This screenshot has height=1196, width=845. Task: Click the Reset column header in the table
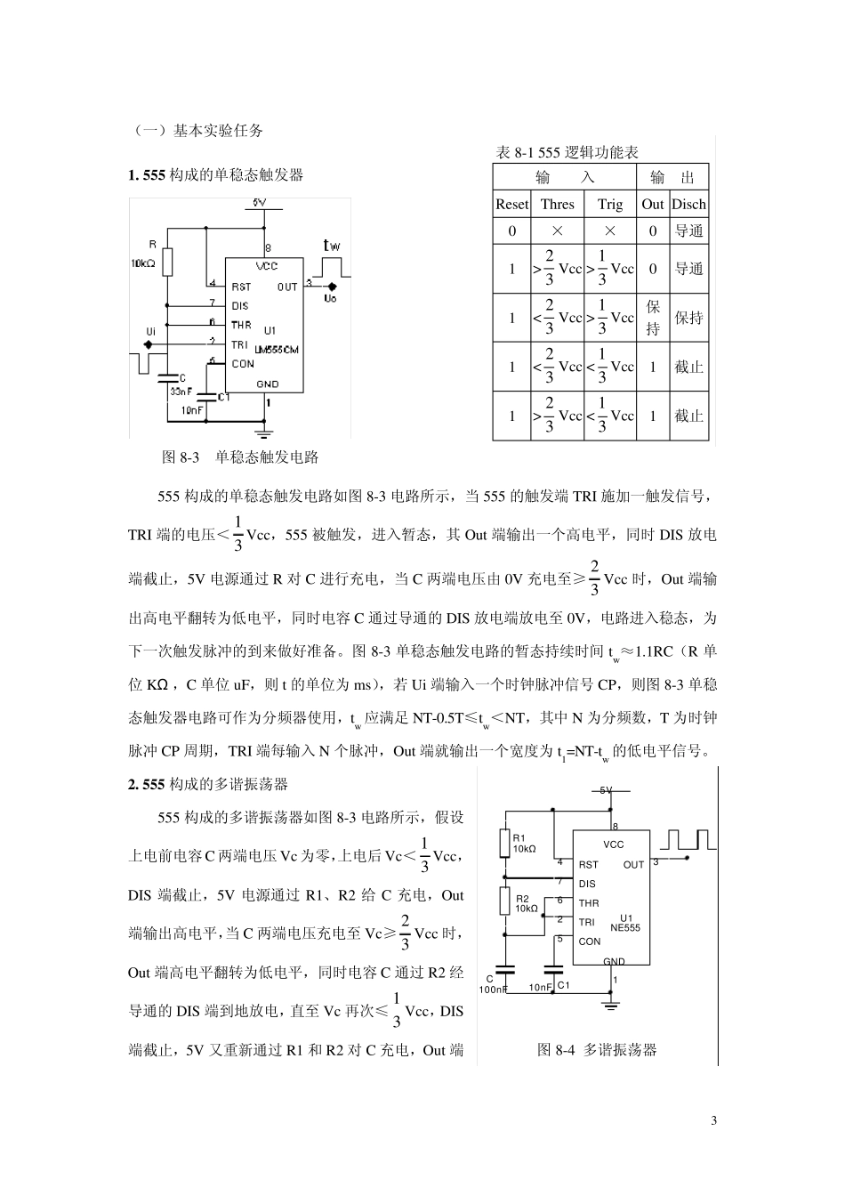coord(511,204)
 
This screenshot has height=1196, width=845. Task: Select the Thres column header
coord(557,204)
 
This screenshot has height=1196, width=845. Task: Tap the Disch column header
coord(688,204)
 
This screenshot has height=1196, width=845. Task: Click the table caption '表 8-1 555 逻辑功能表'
coord(567,153)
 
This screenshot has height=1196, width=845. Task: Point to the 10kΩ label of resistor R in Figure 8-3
coord(143,263)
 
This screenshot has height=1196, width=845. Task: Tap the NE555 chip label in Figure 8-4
coord(625,927)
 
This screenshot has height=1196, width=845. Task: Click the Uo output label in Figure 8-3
coord(330,299)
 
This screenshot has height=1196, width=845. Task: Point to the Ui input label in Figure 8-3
coord(150,332)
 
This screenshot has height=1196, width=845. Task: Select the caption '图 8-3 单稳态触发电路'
coord(240,457)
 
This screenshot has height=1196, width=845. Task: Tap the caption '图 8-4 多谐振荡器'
coord(597,1050)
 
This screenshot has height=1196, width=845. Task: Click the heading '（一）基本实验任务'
coord(198,130)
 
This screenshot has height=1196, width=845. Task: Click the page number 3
coord(713,1119)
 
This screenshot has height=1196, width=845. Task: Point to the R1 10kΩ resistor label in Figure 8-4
coord(524,844)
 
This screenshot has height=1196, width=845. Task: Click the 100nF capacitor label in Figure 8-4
coord(493,988)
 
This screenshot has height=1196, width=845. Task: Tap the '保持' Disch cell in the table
coord(688,318)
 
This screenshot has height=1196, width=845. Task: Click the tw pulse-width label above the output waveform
coord(331,246)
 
